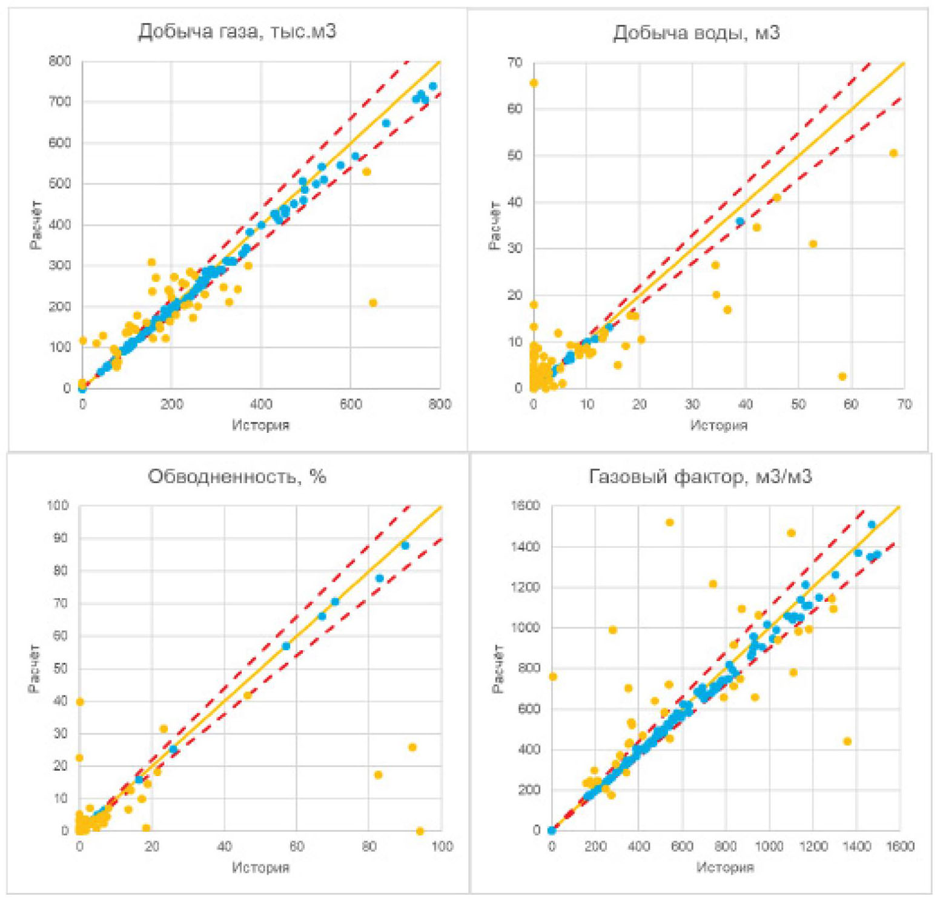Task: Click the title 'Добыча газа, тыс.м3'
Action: pos(237,31)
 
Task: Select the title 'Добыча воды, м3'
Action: pos(696,32)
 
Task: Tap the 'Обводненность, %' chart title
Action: pos(237,476)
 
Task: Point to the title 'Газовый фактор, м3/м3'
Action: pos(700,476)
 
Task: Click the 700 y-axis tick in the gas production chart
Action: pos(60,102)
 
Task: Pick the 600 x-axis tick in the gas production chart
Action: pos(351,404)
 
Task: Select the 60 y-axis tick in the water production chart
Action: pos(515,109)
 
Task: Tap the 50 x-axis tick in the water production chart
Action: pos(798,404)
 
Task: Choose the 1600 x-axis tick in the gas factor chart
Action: pos(900,846)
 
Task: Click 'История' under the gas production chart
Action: pos(260,425)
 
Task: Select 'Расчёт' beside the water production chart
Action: pos(494,225)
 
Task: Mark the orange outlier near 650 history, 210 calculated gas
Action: pos(373,303)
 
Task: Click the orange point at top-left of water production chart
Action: pos(534,83)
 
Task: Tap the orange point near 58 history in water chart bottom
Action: pos(842,377)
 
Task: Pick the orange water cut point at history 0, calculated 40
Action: pos(79,702)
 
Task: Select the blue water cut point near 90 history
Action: pos(405,545)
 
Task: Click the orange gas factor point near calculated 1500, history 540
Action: pos(669,522)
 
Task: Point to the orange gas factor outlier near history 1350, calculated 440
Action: pos(847,741)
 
